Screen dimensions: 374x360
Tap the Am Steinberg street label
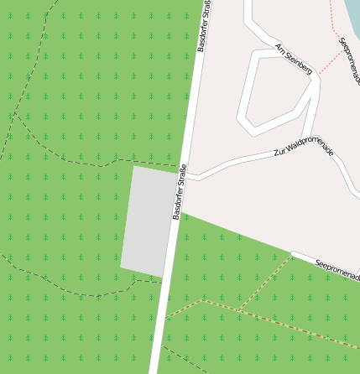[x=293, y=59]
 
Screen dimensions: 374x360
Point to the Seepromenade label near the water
[x=349, y=60]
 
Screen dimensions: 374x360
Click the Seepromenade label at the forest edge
[x=337, y=268]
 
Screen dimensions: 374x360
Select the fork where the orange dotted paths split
[x=240, y=311]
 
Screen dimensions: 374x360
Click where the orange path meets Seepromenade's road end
[x=292, y=255]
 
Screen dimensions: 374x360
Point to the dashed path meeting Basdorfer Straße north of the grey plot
[x=184, y=163]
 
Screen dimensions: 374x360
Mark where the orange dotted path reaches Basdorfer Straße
[x=165, y=319]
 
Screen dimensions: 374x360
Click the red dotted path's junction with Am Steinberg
[x=316, y=76]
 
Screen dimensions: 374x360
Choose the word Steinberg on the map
[x=298, y=62]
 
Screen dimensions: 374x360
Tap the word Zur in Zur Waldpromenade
[x=279, y=153]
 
